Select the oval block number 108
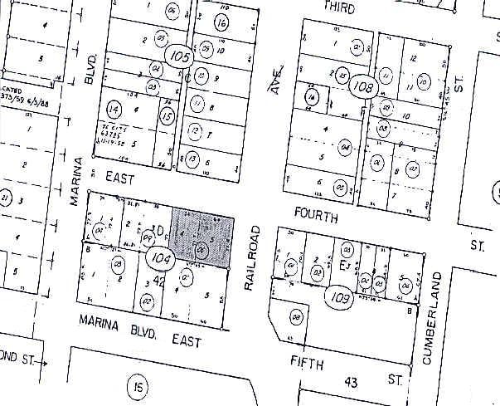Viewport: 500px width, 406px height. [x=363, y=86]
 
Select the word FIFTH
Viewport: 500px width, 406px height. [x=307, y=361]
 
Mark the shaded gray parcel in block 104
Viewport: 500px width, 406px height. [x=202, y=238]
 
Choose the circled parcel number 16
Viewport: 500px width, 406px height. [x=221, y=22]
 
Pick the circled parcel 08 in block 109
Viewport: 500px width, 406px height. [x=296, y=316]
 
